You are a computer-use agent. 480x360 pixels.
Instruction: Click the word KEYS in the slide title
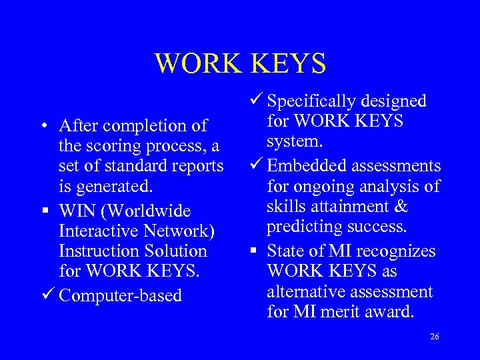(289, 63)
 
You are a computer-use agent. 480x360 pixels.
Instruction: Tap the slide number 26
(435, 337)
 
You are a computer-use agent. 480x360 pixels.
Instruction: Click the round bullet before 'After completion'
(42, 126)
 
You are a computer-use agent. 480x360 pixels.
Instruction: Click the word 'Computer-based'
(120, 295)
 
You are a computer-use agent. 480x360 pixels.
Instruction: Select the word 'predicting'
(301, 227)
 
